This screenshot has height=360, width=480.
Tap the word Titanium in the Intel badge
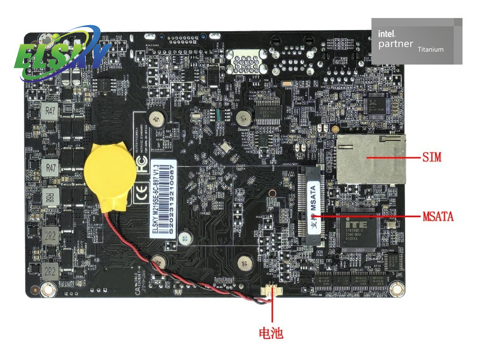coord(430,49)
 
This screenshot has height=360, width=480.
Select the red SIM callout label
coord(431,157)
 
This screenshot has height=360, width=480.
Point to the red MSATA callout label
coord(437,216)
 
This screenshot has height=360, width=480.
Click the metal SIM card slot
coord(370,159)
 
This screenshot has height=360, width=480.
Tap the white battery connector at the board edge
coord(273,293)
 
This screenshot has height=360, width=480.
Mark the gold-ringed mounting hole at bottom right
coord(395,289)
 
